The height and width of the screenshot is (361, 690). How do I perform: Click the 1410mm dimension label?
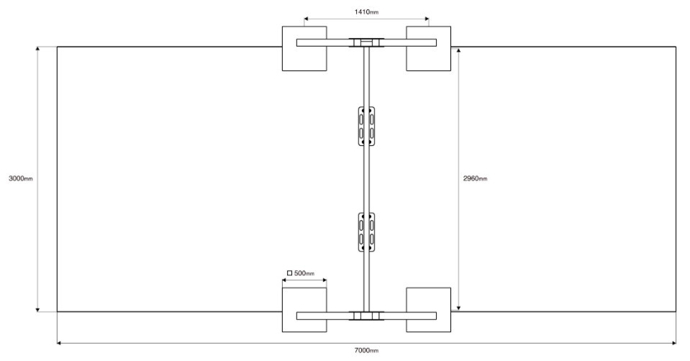(x=366, y=12)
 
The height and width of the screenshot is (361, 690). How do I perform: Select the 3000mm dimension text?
(x=21, y=178)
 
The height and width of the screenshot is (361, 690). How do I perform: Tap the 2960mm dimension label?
(x=476, y=178)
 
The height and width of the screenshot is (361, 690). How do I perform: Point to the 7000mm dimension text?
(x=366, y=350)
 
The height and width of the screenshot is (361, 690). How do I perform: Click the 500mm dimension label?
(x=304, y=273)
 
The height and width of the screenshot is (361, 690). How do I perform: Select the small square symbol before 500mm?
(x=289, y=273)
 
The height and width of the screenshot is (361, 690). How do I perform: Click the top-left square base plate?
(x=304, y=48)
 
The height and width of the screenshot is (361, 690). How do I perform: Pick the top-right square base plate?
(x=428, y=48)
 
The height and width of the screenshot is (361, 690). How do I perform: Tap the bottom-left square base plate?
(x=304, y=309)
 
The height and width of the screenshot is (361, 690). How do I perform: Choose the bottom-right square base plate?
(x=428, y=309)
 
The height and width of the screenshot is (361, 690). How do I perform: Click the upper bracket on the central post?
(x=366, y=126)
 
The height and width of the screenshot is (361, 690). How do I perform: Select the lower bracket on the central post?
(x=366, y=232)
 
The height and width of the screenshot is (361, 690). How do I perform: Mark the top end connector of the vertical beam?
(x=366, y=42)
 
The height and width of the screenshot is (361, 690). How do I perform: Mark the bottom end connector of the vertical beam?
(x=366, y=316)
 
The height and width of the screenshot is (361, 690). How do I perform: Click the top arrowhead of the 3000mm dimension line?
(x=38, y=49)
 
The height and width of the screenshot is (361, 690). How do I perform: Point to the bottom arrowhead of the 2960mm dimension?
(x=458, y=308)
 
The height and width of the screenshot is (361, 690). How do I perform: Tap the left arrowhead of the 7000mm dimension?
(x=60, y=342)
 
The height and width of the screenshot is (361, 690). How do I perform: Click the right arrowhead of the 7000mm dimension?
(x=673, y=342)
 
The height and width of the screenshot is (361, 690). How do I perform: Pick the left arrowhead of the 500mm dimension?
(x=285, y=280)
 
